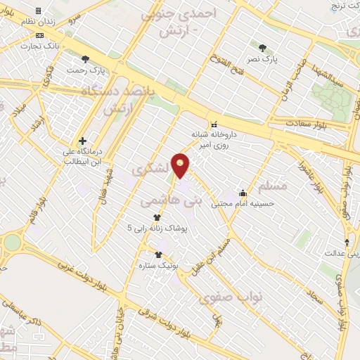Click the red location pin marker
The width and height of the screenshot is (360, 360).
point(181,165)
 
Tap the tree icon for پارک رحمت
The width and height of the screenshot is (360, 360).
point(86,60)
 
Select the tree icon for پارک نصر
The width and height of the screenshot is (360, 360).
point(262,48)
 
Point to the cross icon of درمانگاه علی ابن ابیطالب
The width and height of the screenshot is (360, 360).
point(83,141)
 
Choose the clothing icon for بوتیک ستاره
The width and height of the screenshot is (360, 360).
point(157,255)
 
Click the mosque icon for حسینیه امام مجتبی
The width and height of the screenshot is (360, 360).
point(243,193)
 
